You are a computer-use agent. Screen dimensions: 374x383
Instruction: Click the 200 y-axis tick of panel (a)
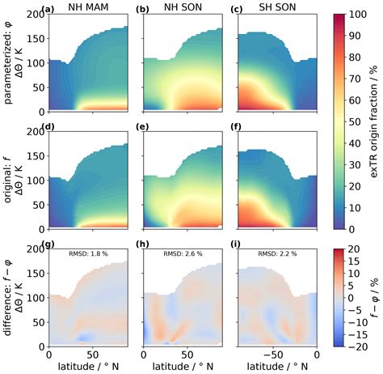pyautogui.click(x=38, y=15)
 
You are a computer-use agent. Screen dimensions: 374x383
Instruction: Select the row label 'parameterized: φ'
pyautogui.click(x=7, y=63)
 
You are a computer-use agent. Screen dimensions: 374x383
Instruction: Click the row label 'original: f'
pyautogui.click(x=7, y=180)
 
